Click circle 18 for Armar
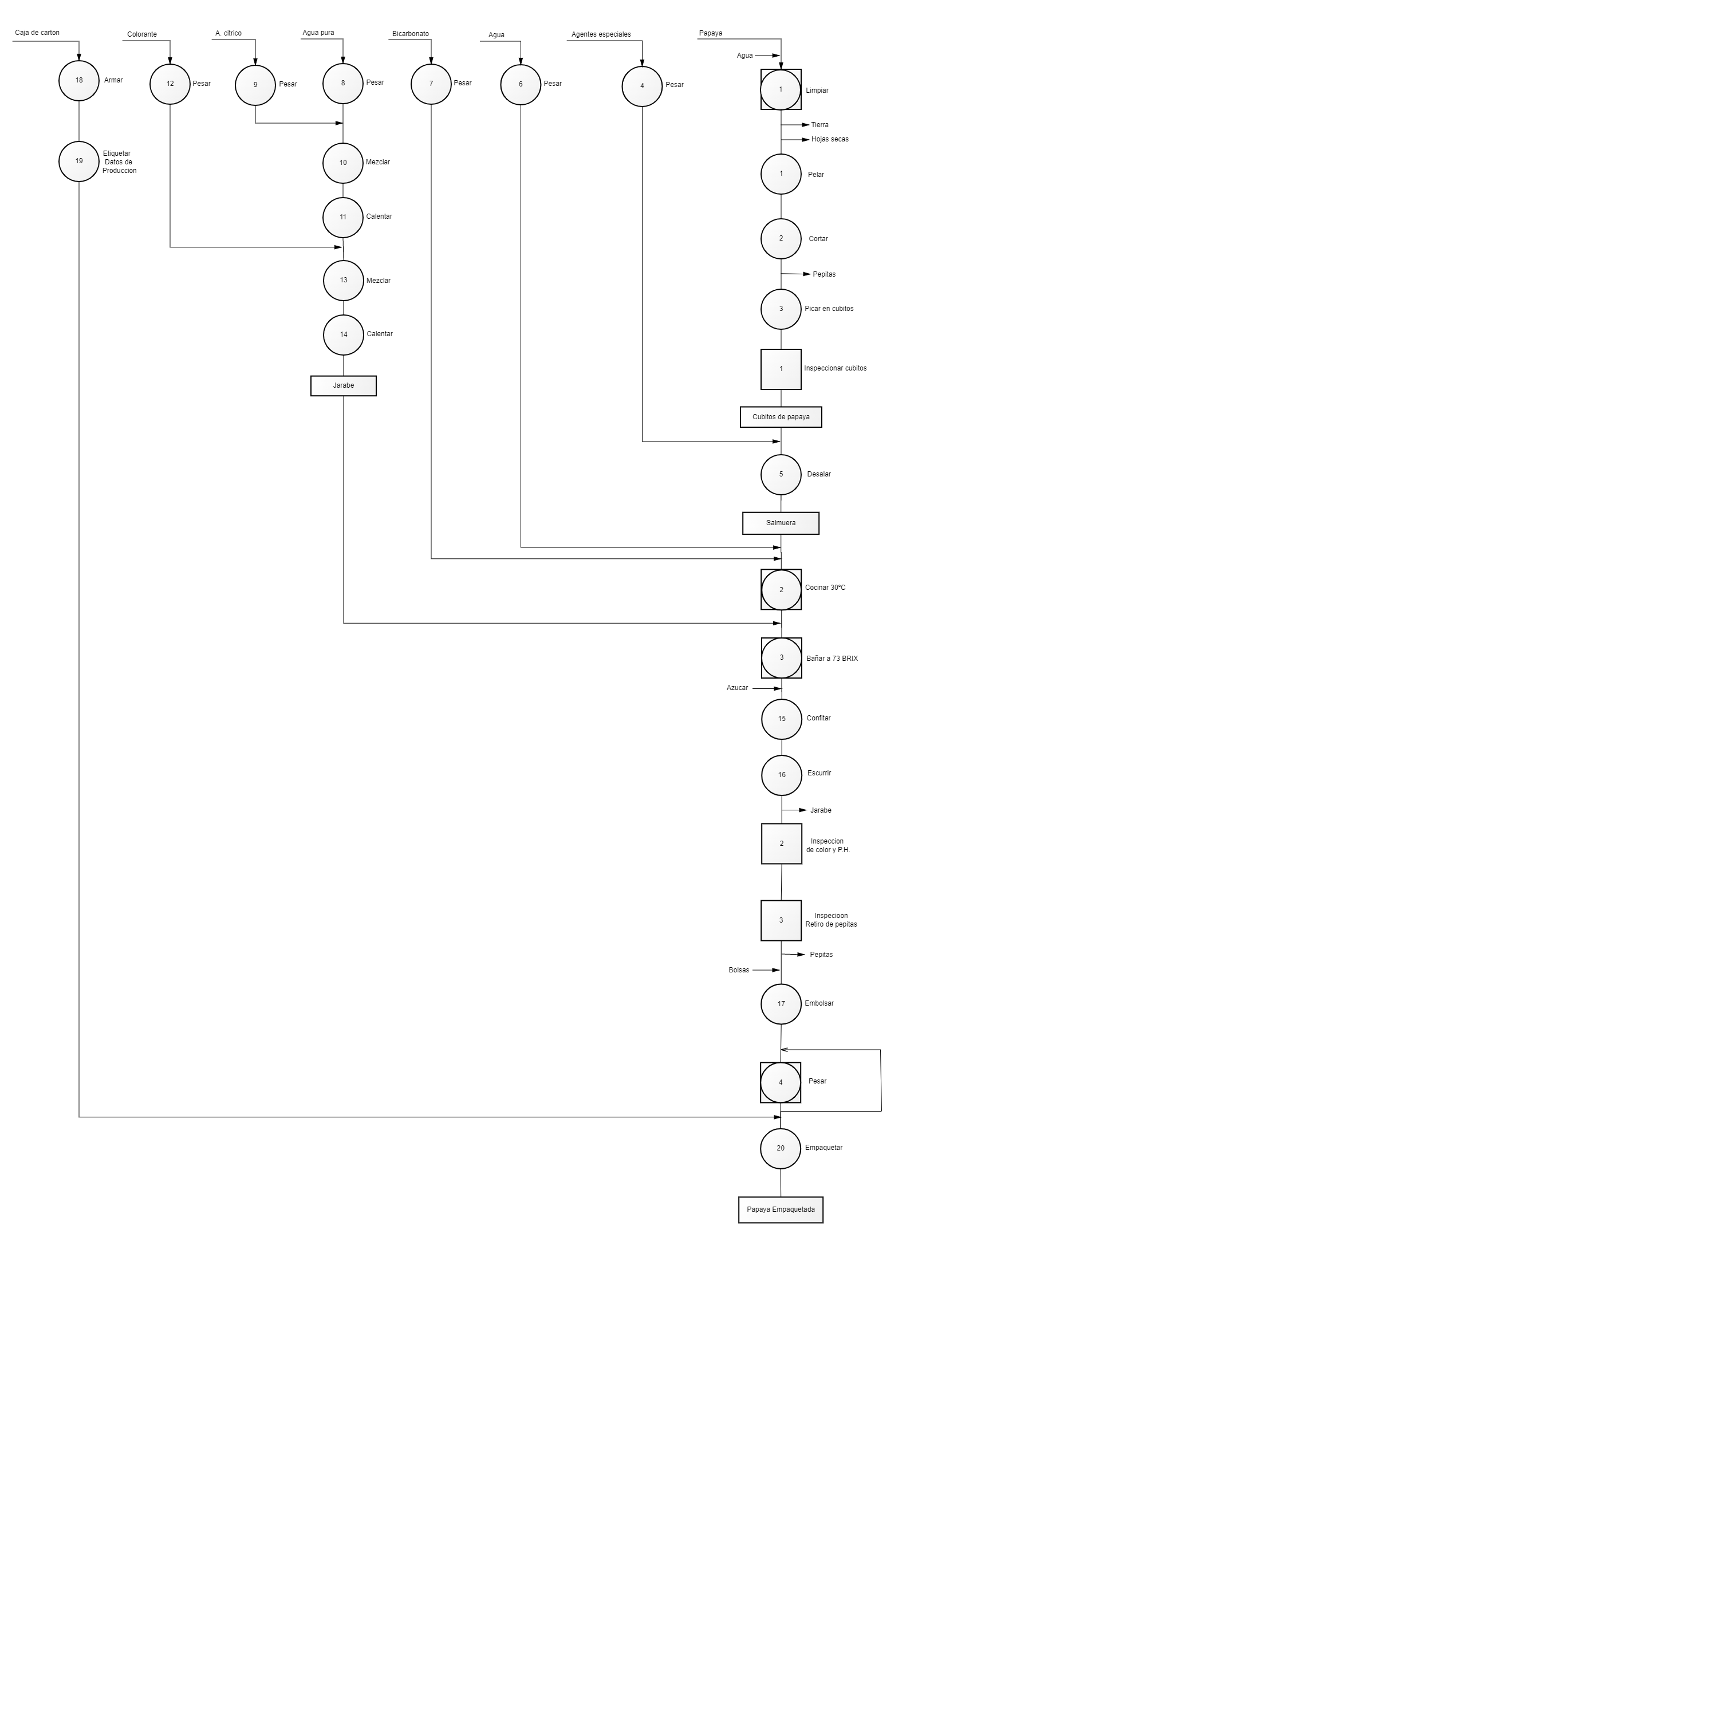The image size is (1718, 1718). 79,81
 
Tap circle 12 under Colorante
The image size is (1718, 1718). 170,85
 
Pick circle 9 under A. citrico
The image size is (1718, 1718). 255,85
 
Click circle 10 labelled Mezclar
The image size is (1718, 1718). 343,163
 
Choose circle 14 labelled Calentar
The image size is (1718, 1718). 343,335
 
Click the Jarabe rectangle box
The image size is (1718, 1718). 343,386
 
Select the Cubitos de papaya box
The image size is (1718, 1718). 781,417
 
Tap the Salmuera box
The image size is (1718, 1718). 781,523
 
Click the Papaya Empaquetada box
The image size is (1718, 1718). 781,1210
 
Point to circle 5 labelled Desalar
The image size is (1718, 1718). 781,475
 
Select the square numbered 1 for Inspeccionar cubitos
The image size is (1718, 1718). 781,369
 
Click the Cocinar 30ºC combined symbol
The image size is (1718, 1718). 781,590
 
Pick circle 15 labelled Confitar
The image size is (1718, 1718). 782,719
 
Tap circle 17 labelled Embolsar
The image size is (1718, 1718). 781,1004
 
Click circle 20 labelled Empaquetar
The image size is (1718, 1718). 781,1148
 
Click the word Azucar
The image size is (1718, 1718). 737,688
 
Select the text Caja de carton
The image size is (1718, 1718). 37,33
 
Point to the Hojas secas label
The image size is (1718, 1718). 830,140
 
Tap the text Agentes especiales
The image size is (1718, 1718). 601,35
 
